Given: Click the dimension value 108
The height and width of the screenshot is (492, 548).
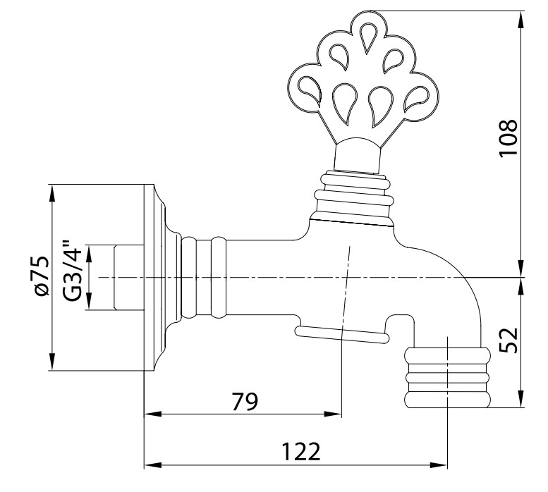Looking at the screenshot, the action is point(509,138).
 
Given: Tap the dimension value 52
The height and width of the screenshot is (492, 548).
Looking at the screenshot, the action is point(509,340).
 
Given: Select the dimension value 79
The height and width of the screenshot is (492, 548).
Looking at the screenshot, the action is point(245,401).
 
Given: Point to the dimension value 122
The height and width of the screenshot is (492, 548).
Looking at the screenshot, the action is point(301,452).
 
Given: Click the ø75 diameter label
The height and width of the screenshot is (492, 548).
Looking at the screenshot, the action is point(41,276).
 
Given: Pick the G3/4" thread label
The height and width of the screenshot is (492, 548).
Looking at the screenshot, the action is point(73,269).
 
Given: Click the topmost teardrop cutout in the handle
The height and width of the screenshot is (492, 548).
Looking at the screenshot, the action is point(367,37).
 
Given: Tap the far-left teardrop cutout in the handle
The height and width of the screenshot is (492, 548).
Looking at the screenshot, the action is point(310,90).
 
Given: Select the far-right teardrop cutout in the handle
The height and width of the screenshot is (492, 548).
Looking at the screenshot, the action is point(417,99).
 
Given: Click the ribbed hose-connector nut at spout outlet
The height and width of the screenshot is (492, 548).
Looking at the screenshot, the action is point(447,378).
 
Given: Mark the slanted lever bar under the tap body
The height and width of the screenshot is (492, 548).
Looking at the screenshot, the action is point(343,334).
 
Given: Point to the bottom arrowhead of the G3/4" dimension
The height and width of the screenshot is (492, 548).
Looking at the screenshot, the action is point(89,301).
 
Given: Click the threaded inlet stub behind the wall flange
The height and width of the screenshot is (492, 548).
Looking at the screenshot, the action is point(128,277).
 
